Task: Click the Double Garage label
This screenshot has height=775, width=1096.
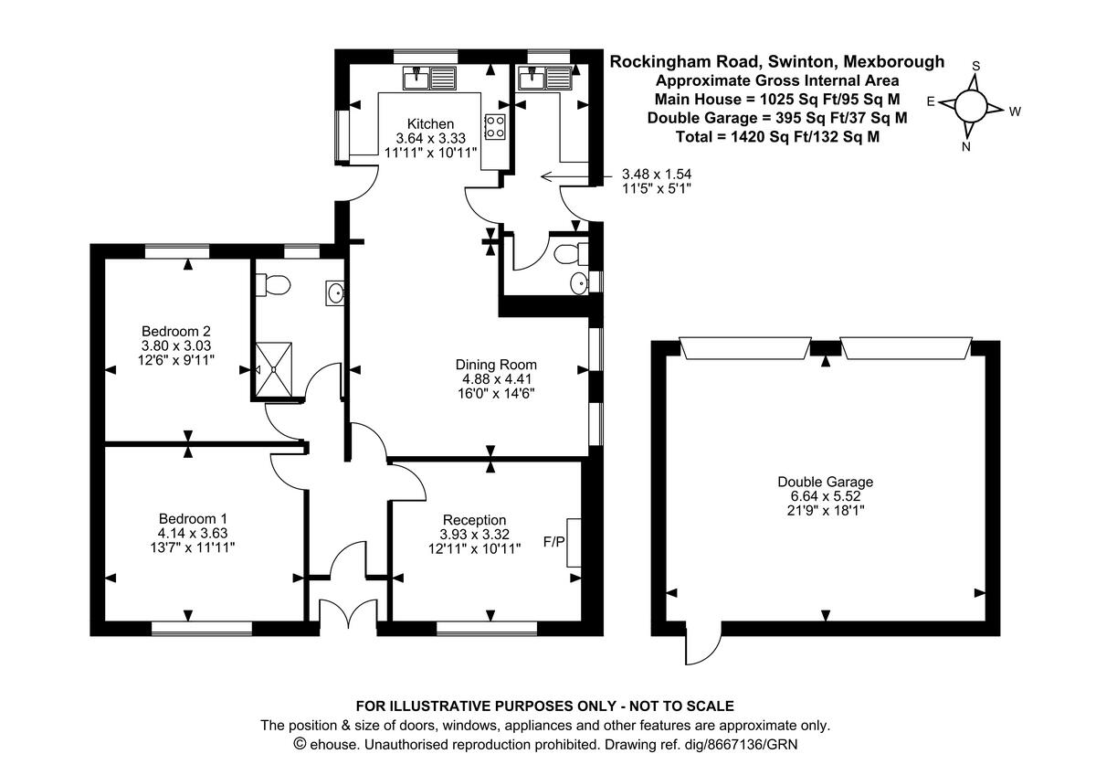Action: pyautogui.click(x=825, y=482)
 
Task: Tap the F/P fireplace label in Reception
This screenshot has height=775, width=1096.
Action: pyautogui.click(x=553, y=540)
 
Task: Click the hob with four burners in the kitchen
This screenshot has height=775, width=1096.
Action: pyautogui.click(x=496, y=127)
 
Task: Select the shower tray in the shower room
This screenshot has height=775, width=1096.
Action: pyautogui.click(x=278, y=369)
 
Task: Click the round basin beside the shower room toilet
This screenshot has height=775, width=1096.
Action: pyautogui.click(x=335, y=293)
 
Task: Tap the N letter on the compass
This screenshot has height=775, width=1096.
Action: pyautogui.click(x=966, y=145)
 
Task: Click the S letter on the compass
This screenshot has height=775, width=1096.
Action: pyautogui.click(x=975, y=66)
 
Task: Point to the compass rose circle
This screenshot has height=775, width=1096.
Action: pyautogui.click(x=971, y=107)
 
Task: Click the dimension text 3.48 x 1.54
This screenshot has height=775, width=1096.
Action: pyautogui.click(x=656, y=174)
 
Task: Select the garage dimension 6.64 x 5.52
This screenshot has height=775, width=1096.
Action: pyautogui.click(x=825, y=496)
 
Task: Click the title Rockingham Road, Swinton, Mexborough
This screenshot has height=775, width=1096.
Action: pyautogui.click(x=777, y=62)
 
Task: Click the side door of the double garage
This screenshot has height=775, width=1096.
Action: pyautogui.click(x=701, y=644)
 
